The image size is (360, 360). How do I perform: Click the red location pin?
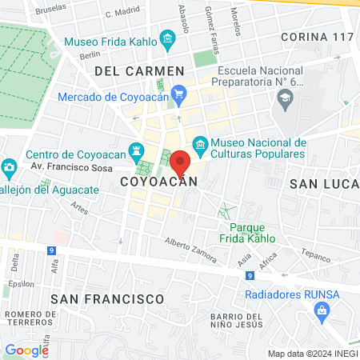(x=180, y=162)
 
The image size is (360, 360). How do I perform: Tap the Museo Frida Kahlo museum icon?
(x=167, y=39)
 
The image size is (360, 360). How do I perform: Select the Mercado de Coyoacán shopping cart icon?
(x=178, y=94)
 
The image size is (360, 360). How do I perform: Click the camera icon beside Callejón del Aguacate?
(x=9, y=168)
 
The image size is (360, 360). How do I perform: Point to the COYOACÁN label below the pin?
(x=158, y=182)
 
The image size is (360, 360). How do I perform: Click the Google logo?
(x=26, y=350)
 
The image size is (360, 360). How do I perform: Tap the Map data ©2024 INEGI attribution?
(x=311, y=354)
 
